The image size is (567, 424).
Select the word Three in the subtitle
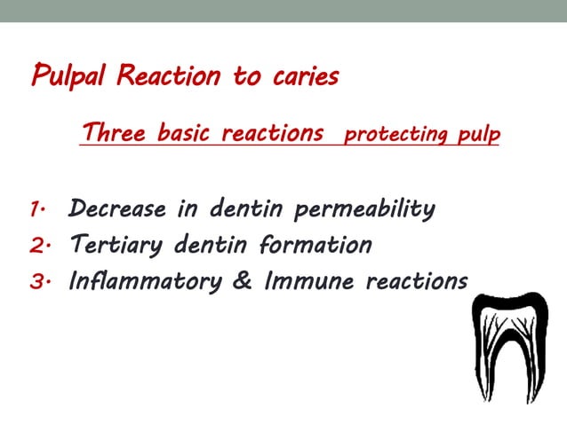click(115, 134)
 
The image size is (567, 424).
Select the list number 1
click(36, 210)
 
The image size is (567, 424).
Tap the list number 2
click(37, 246)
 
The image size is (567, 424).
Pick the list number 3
click(37, 281)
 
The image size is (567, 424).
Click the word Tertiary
click(116, 246)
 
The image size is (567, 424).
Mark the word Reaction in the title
click(171, 77)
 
